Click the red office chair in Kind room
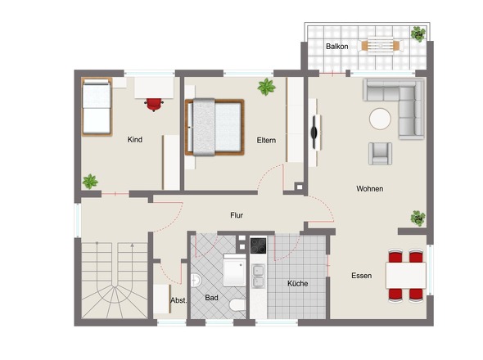coord(154,105)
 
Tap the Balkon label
coord(337,47)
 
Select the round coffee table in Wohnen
coord(380,119)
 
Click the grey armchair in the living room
coord(381,153)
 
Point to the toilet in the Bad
coord(237,305)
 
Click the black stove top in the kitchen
coord(258,245)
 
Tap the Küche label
coord(297,283)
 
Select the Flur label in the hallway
coord(237,215)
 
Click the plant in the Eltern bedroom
coord(266,87)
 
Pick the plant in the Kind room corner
coord(90,182)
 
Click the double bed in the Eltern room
coord(214,127)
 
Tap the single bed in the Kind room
coord(97,106)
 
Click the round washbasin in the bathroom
coord(196,281)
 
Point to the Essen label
coord(361,275)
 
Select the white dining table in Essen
coord(406,275)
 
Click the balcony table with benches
coord(381,46)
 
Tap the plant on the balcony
coord(418,34)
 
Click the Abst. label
coord(178,300)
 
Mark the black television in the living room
coord(314,132)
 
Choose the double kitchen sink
coord(258,276)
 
